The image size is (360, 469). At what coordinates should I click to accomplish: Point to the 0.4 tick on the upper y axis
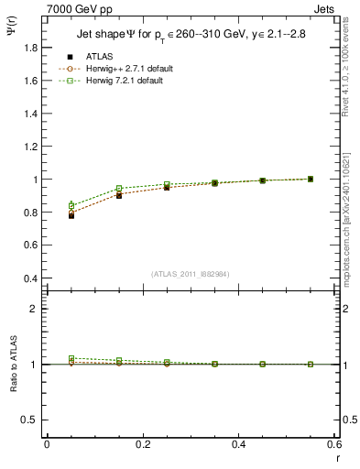click(31, 278)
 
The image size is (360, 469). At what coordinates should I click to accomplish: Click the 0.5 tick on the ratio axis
click(31, 420)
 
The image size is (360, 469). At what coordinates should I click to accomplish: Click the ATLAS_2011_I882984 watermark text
click(191, 274)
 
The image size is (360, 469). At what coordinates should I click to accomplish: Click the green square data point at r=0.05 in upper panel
click(71, 206)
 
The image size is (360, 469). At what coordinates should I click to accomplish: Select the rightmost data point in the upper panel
click(311, 179)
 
